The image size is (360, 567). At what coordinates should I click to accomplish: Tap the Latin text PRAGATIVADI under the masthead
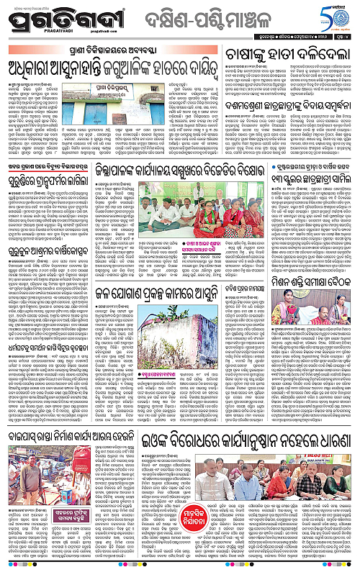coord(48,32)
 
